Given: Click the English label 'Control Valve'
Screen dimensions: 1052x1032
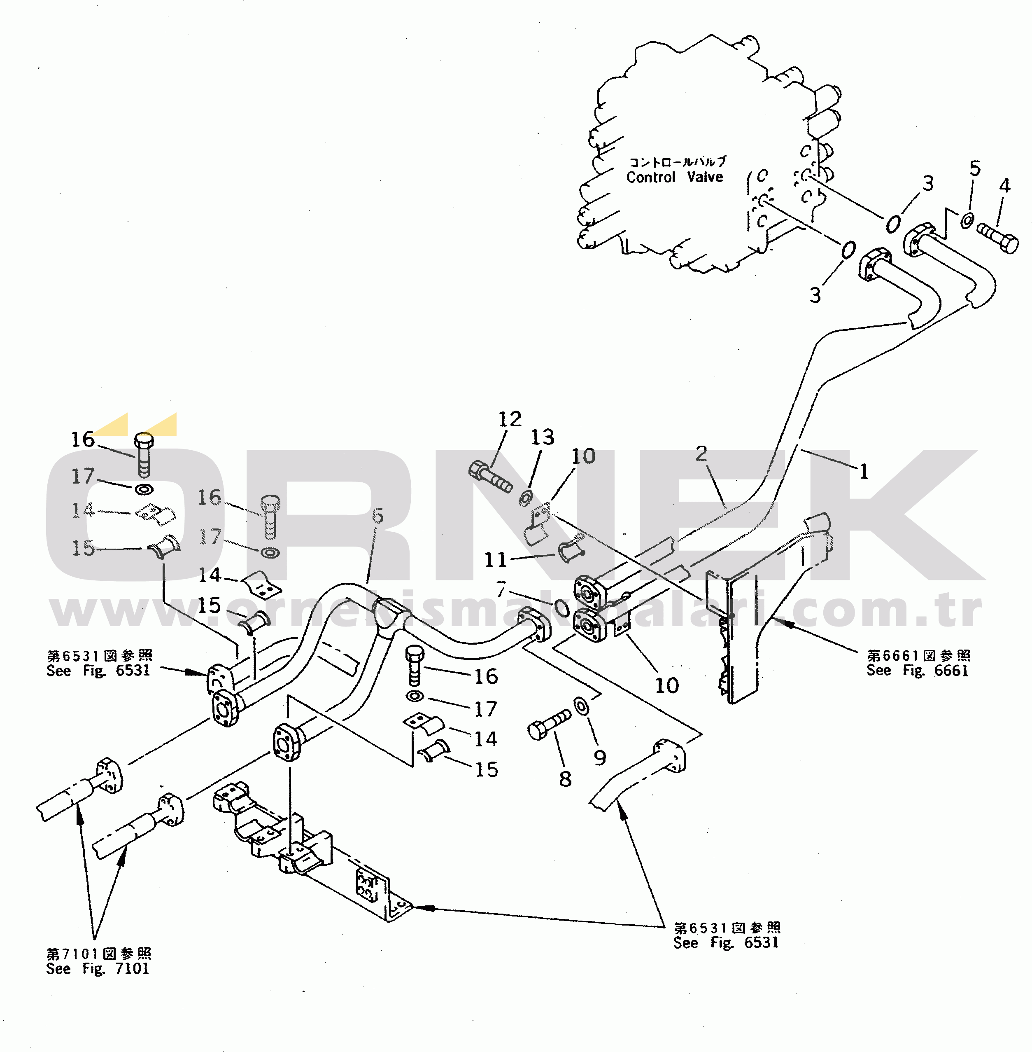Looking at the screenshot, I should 675,177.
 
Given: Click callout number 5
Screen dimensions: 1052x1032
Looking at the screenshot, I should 974,168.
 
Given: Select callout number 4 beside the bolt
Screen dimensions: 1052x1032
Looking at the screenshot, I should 1004,186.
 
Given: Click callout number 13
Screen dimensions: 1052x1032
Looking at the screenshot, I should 543,437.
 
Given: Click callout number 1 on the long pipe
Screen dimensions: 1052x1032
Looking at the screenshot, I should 864,471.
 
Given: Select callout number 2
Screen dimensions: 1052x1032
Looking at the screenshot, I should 701,454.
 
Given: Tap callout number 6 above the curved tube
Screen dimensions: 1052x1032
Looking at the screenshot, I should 378,516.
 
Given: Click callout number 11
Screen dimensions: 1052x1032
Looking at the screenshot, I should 495,560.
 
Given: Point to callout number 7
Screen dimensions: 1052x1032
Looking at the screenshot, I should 501,589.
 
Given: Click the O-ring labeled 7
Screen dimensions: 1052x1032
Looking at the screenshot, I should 561,608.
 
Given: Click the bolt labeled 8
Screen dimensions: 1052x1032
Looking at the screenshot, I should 549,725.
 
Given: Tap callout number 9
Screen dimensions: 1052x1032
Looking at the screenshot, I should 599,757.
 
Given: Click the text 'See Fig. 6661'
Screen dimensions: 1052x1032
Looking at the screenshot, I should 917,671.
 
